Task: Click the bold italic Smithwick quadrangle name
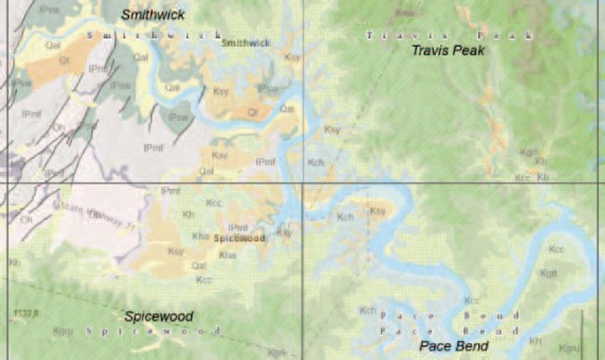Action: (153, 15)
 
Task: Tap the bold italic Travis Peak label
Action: (448, 51)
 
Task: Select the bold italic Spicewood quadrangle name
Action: (159, 316)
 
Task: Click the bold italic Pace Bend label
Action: (454, 346)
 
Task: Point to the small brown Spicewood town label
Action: (239, 238)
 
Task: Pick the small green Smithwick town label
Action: (246, 43)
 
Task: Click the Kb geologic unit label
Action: (542, 177)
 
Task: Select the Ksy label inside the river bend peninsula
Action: (377, 211)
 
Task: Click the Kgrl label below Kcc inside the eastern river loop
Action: (549, 273)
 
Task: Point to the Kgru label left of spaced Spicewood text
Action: (63, 331)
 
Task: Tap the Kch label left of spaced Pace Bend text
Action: (368, 310)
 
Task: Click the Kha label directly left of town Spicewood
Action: (201, 236)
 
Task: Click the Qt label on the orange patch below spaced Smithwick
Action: (64, 61)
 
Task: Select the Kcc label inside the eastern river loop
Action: (557, 249)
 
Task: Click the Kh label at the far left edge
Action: (14, 262)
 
